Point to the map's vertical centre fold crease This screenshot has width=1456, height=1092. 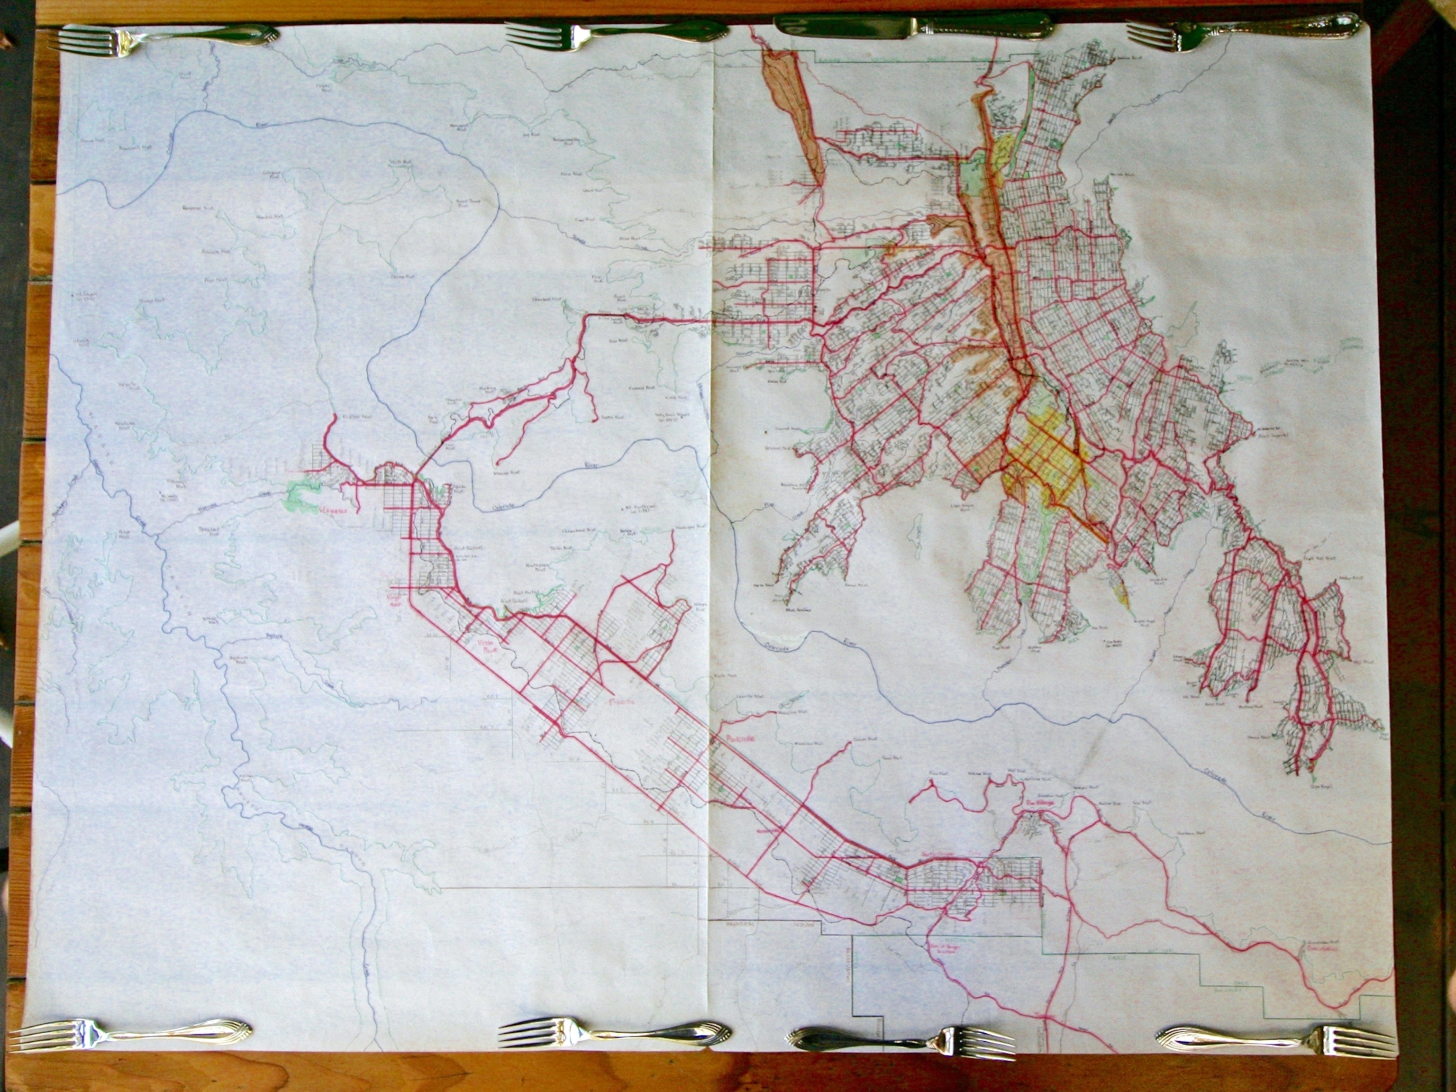click(x=711, y=527)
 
